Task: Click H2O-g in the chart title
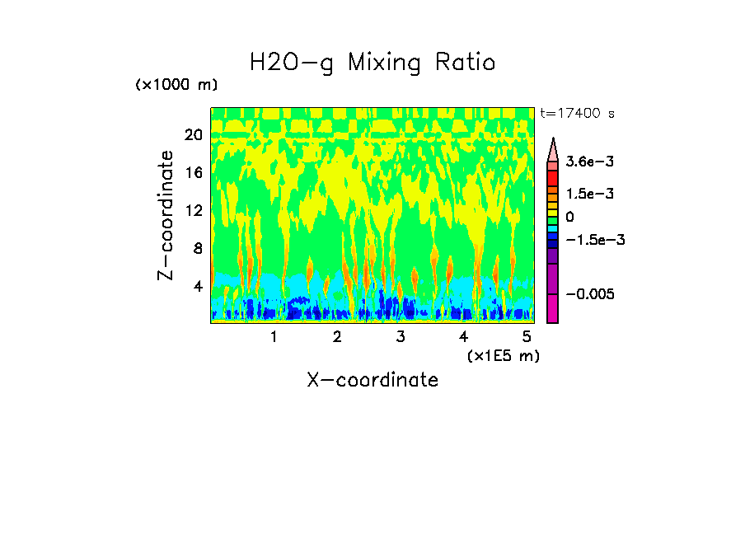tap(292, 63)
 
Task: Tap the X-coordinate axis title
tap(372, 380)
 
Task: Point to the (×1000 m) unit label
tap(176, 86)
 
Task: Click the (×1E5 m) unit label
tap(503, 355)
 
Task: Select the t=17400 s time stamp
tap(577, 113)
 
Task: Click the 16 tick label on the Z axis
tap(193, 172)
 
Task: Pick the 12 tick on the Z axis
tap(193, 210)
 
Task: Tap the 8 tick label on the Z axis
tap(197, 248)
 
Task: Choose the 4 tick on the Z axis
tap(197, 286)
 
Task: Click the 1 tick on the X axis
tap(274, 337)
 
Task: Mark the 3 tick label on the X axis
tap(400, 337)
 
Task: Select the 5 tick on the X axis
tap(527, 337)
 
